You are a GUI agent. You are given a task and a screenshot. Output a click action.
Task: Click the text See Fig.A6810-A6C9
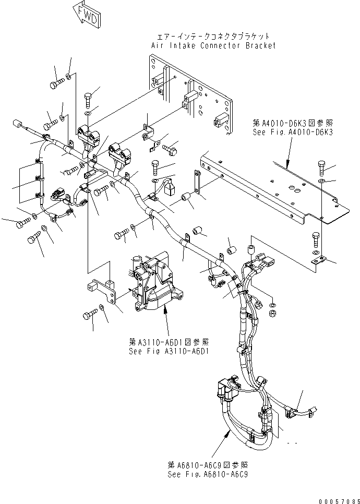(208, 475)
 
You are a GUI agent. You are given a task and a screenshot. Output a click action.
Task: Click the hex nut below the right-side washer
(272, 313)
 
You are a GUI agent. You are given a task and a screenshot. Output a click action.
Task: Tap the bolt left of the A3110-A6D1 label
(88, 315)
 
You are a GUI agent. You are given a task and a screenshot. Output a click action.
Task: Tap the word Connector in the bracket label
(219, 45)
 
